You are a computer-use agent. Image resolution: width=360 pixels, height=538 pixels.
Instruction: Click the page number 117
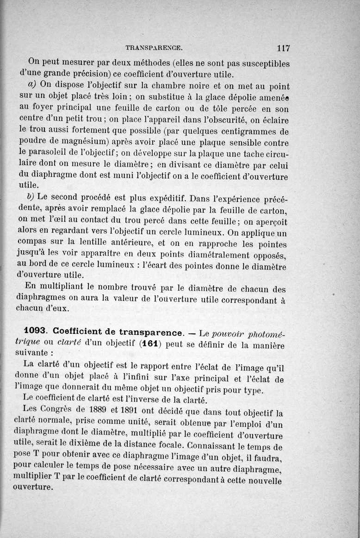coord(283,48)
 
